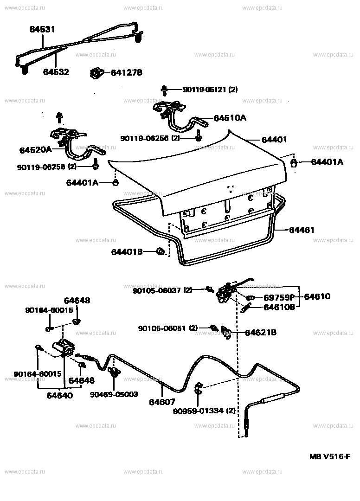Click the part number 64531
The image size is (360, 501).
pos(42,29)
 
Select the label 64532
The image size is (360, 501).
pos(56,72)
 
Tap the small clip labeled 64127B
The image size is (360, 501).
pos(96,73)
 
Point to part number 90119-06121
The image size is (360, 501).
pos(197,90)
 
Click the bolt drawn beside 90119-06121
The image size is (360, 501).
pos(164,90)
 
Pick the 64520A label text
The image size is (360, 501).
pos(35,150)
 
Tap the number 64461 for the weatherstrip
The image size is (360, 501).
pos(302,230)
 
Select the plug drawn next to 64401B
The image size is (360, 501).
pos(161,252)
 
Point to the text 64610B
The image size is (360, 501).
pos(279,307)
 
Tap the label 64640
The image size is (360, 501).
pos(60,396)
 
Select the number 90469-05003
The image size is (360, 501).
pos(114,394)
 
